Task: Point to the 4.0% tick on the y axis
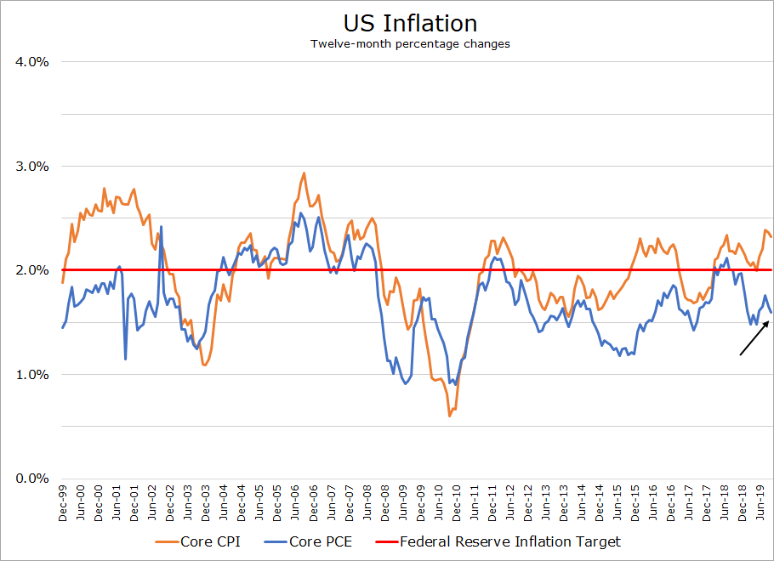coord(31,62)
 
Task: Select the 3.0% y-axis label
coord(31,166)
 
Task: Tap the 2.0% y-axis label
coord(31,270)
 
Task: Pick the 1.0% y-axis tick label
coord(31,374)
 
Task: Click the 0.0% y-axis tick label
coord(31,479)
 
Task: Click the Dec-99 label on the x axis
coord(63,502)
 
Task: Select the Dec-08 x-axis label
coord(385,502)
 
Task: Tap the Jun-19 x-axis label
coord(762,502)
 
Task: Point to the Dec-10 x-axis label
coord(458,502)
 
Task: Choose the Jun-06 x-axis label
coord(296,502)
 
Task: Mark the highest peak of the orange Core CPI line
coord(304,173)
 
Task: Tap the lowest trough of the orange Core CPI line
coord(449,416)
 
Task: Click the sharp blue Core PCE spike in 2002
coord(161,227)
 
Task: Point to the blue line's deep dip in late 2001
coord(126,358)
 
